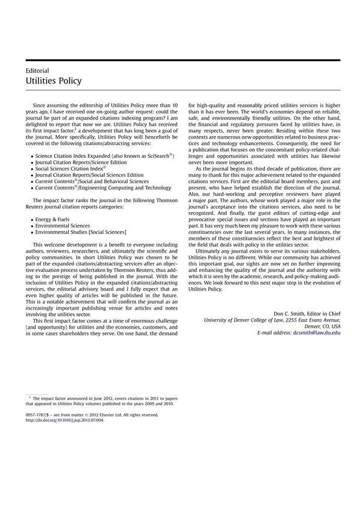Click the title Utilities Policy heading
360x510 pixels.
point(54,81)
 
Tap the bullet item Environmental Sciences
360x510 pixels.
point(65,226)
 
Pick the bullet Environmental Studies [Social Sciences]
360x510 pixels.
point(80,232)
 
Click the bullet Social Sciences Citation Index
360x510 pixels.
point(71,169)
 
